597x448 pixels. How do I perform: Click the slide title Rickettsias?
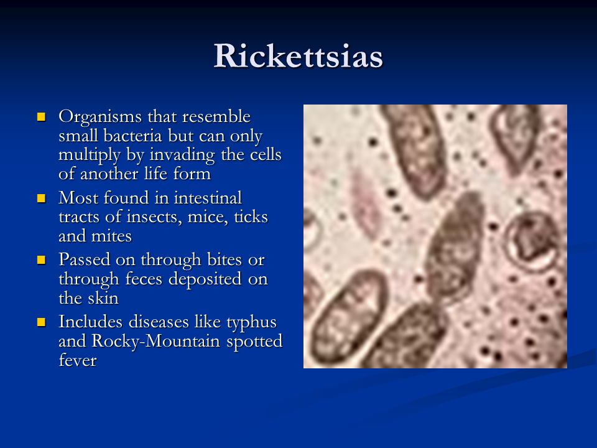pos(298,56)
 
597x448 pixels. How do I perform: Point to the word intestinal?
pos(208,198)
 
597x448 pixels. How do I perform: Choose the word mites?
pos(113,236)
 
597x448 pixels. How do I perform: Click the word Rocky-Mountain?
pos(156,342)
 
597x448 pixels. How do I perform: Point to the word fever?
pos(78,360)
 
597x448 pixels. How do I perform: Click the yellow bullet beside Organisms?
pos(41,116)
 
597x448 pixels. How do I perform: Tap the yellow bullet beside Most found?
pos(41,198)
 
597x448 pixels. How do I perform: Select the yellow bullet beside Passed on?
pos(41,260)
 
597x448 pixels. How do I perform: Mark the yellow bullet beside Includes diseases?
pos(41,322)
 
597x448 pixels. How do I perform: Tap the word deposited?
pos(205,279)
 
